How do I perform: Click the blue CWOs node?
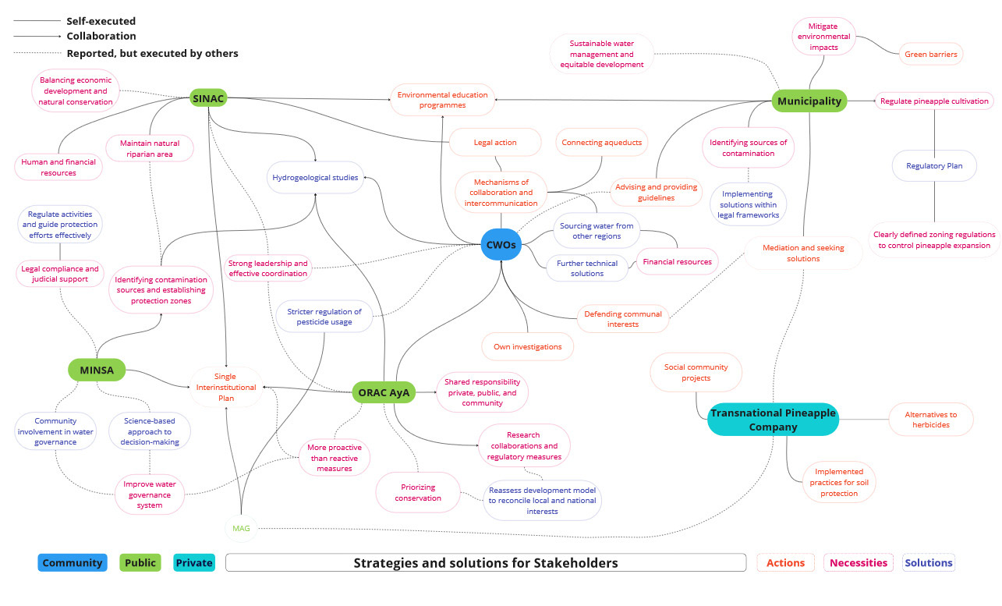[x=501, y=244]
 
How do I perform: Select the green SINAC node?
[x=209, y=98]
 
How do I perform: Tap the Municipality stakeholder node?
[x=809, y=101]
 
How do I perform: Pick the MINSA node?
[x=97, y=369]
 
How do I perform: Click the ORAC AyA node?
[x=384, y=392]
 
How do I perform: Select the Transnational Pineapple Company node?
[x=772, y=420]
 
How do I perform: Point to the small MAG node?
[x=241, y=528]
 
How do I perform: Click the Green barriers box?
[x=931, y=55]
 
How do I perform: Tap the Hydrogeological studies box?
[x=315, y=178]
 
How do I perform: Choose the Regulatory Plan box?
[x=935, y=166]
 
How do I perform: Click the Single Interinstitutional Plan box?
[x=225, y=387]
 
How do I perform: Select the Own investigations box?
[x=527, y=346]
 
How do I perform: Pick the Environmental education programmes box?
[x=442, y=100]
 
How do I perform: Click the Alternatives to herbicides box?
[x=930, y=420]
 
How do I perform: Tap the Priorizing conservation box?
[x=418, y=492]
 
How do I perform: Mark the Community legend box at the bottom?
[x=73, y=562]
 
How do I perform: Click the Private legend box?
[x=194, y=562]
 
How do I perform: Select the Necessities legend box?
[x=859, y=562]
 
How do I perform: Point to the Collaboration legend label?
[x=101, y=36]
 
